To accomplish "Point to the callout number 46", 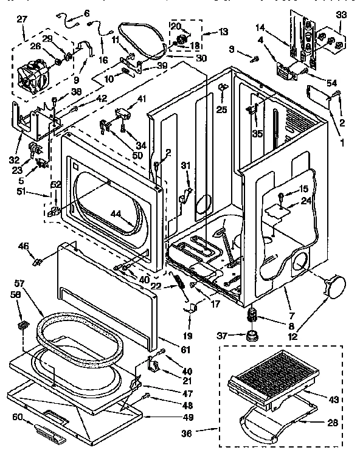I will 23,246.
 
